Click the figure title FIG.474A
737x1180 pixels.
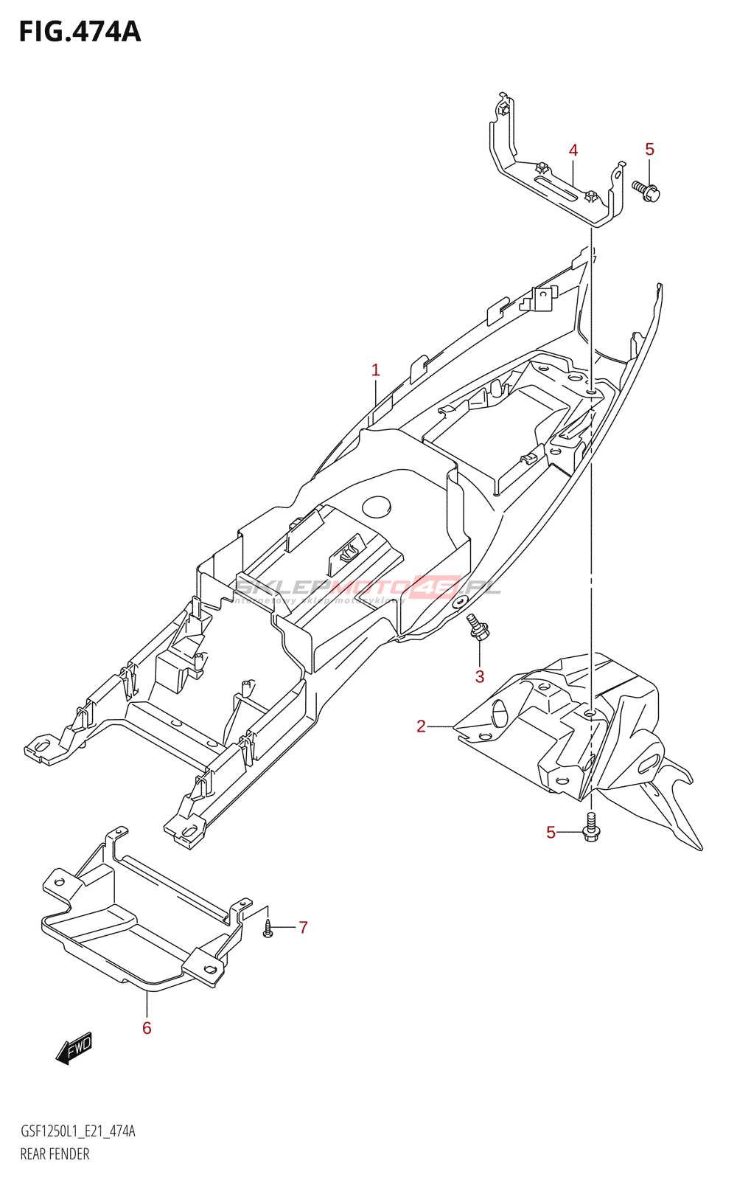coord(80,32)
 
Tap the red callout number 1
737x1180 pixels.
coord(376,370)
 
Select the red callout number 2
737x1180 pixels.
coord(421,726)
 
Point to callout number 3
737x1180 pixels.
coord(480,676)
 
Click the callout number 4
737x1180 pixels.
coord(573,150)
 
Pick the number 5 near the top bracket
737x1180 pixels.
coord(649,149)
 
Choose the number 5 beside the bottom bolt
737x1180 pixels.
coord(551,833)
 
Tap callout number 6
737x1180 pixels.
coord(147,1028)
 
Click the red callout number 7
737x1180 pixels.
coord(303,927)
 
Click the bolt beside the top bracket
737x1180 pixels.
coord(646,191)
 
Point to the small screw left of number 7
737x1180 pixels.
coord(268,929)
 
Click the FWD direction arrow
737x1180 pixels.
coord(74,1047)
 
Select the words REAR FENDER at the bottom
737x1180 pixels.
coord(55,1154)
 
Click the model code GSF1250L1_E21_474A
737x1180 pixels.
coord(77,1131)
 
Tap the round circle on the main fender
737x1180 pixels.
coord(377,507)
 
